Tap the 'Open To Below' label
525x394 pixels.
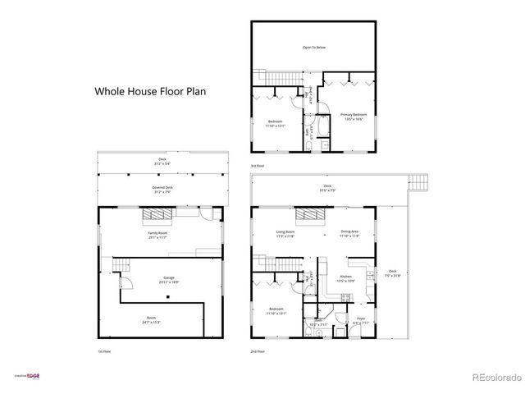tap(313, 48)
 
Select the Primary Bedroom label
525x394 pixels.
tap(354, 117)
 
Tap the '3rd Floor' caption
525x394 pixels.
tap(258, 166)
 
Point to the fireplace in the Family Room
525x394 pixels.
tap(157, 216)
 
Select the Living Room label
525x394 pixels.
tap(285, 235)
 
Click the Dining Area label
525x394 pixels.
tap(349, 235)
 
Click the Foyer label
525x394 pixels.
tap(360, 320)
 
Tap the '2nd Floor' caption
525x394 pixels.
tap(258, 350)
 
